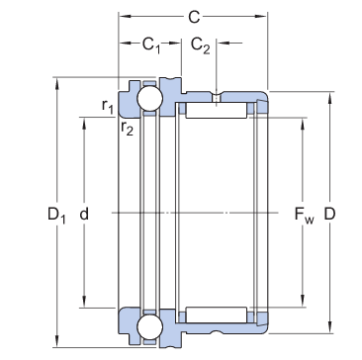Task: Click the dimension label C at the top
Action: [194, 17]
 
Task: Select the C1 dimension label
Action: [151, 45]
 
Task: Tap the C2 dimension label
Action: [201, 45]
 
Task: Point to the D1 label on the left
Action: [56, 216]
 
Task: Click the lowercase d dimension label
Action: [84, 214]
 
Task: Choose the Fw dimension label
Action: [305, 215]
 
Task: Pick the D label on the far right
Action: [329, 214]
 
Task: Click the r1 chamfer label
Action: [108, 106]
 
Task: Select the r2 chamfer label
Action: [127, 128]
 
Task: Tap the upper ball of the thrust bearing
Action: [149, 99]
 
